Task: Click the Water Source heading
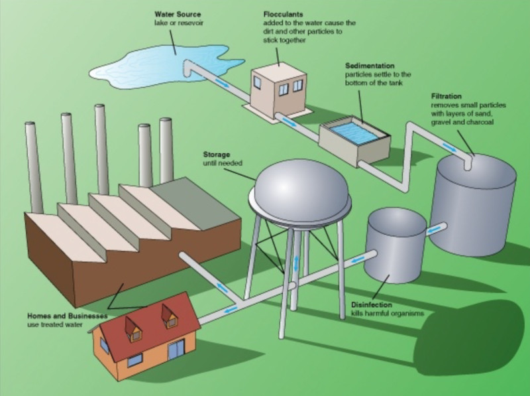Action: pyautogui.click(x=178, y=14)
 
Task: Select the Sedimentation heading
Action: pyautogui.click(x=370, y=66)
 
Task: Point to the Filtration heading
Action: pyautogui.click(x=446, y=96)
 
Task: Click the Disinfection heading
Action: pyautogui.click(x=372, y=304)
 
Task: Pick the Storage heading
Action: pyautogui.click(x=217, y=155)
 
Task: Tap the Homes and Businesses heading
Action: pyautogui.click(x=68, y=316)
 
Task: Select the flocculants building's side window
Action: pyautogui.click(x=257, y=82)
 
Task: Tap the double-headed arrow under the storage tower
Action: pyautogui.click(x=296, y=263)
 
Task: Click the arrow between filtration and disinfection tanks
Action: pyautogui.click(x=433, y=230)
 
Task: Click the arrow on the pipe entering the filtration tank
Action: pyautogui.click(x=450, y=147)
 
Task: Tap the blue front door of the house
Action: pyautogui.click(x=176, y=350)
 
